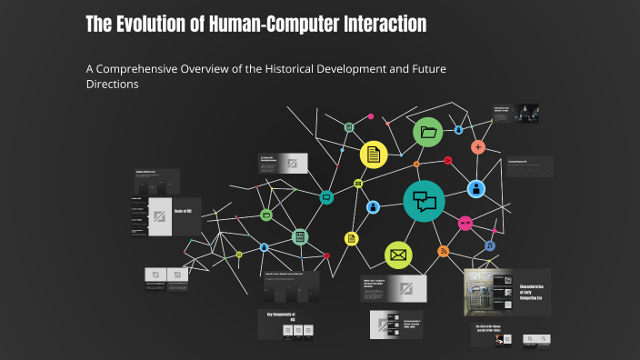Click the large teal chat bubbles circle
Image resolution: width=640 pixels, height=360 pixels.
coord(425,199)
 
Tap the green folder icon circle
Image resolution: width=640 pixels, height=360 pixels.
coord(428,133)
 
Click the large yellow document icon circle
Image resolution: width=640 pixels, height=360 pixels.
coord(374,155)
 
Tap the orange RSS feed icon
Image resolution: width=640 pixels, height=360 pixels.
coord(444,251)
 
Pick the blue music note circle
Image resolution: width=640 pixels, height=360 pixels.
coord(490,245)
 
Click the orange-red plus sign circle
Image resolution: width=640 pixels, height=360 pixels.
coord(478,147)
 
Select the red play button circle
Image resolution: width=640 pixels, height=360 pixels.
coord(448,161)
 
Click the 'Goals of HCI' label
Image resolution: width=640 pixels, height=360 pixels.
coord(183,211)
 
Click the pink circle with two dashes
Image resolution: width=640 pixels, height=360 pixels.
coord(465,223)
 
